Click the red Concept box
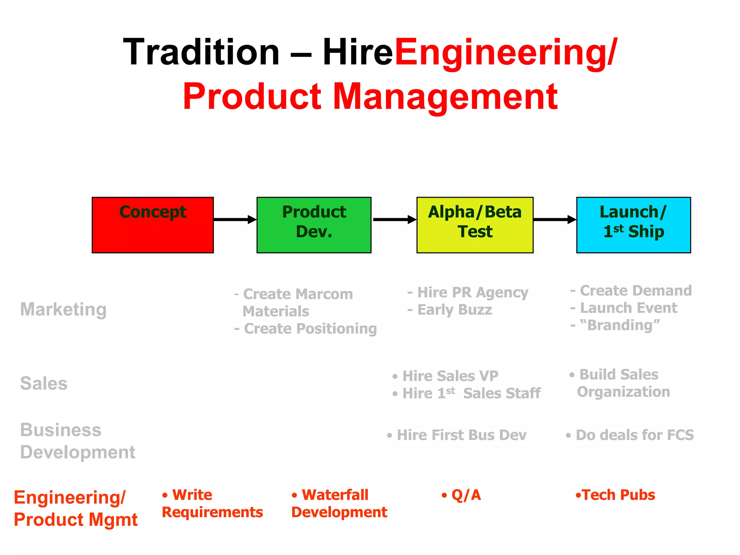152,225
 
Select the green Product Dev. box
314,225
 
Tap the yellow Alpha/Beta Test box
475,225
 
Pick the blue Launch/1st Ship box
633,225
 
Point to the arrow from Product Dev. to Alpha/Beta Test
394,219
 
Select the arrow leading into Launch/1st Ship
554,219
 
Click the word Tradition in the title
201,52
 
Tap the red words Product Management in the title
370,96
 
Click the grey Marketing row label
63,309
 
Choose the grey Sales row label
44,383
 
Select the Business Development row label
77,441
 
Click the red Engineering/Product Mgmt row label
76,508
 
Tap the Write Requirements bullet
212,503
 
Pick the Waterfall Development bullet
339,503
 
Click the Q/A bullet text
466,495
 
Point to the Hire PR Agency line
472,292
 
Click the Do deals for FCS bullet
634,435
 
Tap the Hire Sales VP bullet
450,376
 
